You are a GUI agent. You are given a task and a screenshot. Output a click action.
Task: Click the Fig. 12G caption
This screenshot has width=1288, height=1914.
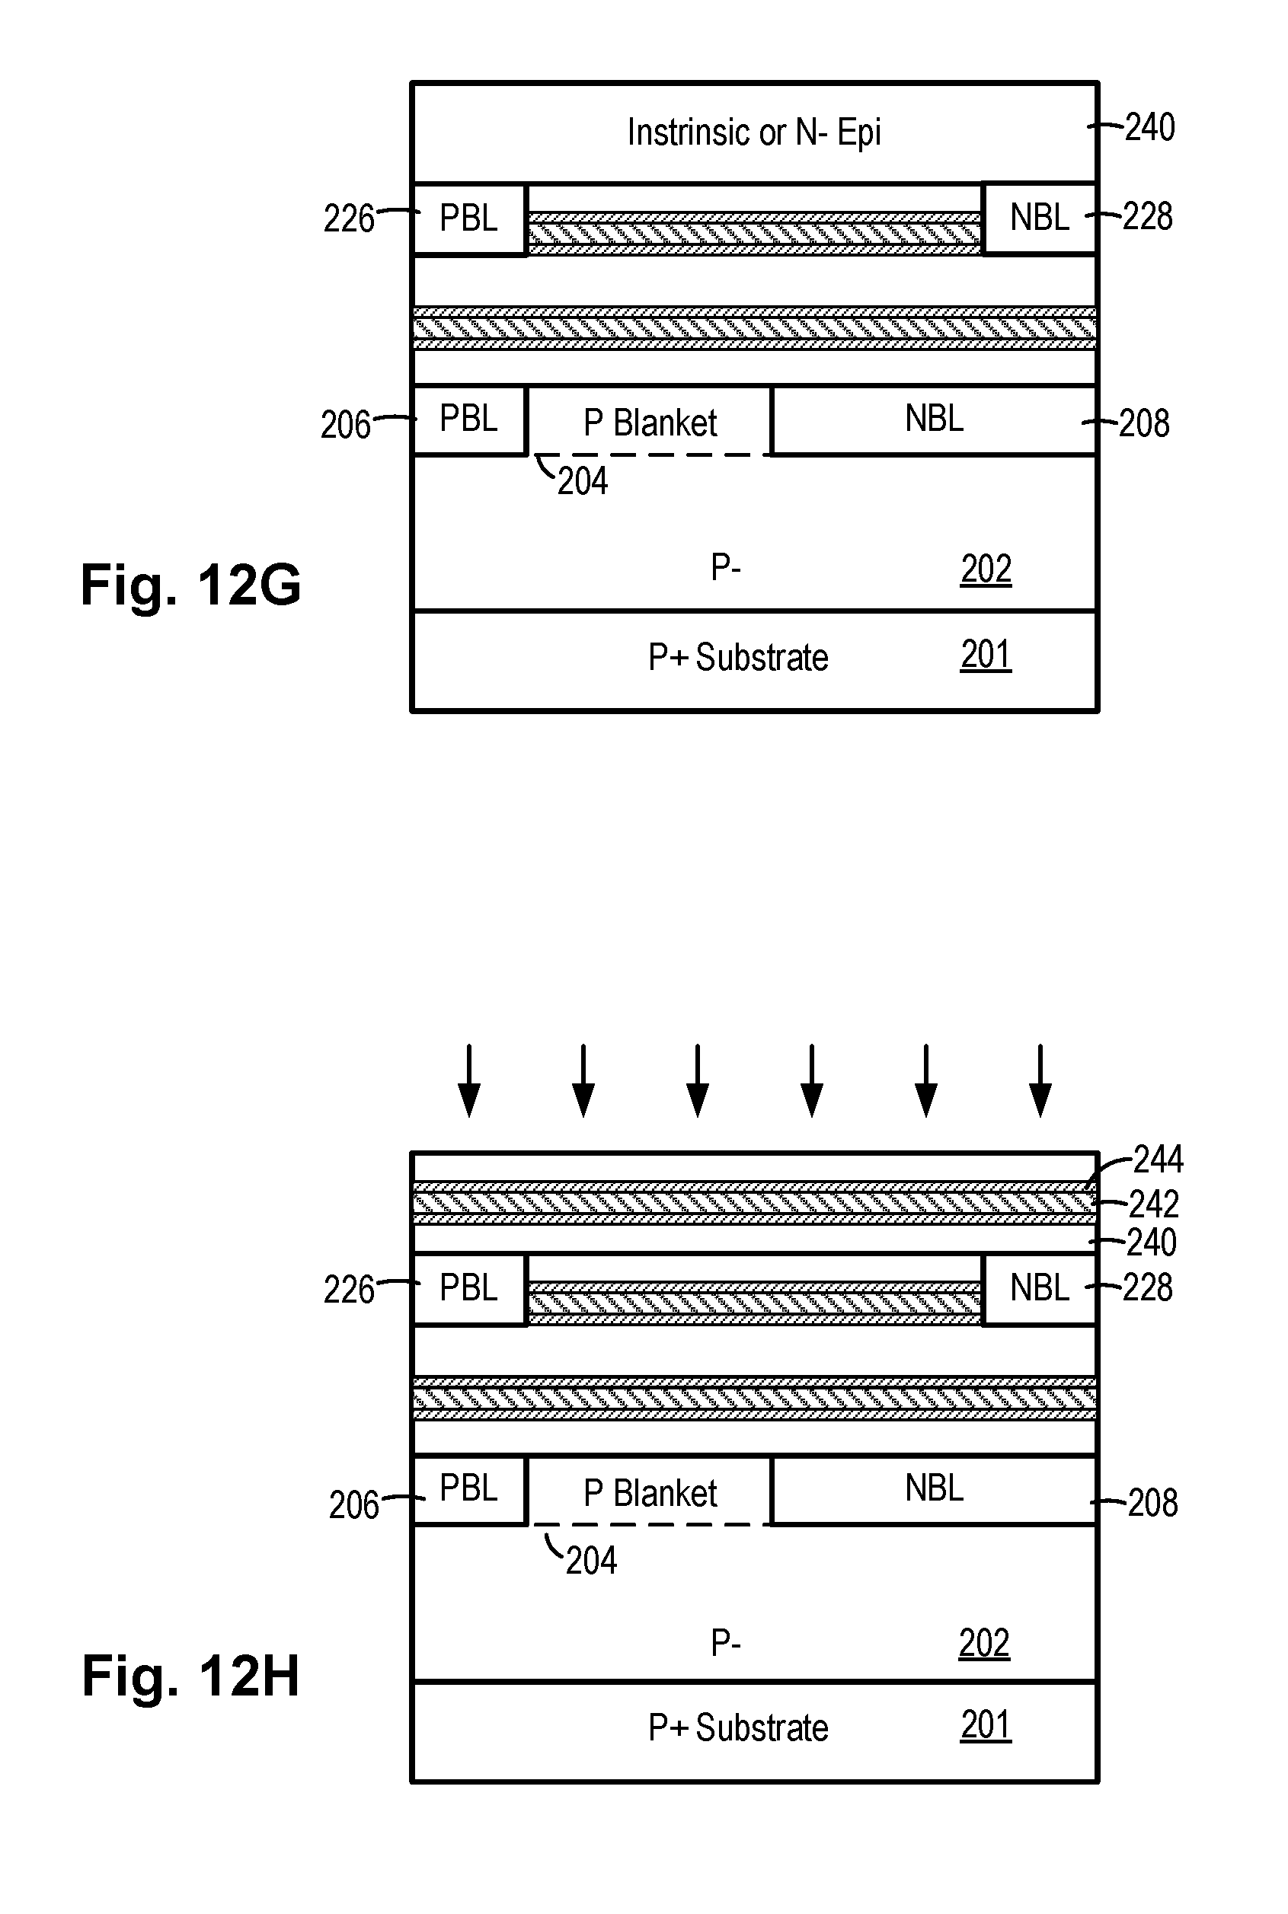tap(190, 585)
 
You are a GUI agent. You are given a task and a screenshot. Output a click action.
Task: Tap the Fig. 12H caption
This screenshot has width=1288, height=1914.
tap(190, 1676)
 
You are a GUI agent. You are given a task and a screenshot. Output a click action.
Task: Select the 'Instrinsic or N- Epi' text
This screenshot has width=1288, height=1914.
tap(754, 132)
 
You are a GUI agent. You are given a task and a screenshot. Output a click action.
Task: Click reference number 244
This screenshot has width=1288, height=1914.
tap(1159, 1160)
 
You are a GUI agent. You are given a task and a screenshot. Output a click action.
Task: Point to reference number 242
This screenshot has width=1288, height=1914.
tap(1154, 1204)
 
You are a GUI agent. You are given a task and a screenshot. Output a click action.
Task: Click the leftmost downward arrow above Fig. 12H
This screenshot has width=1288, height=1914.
tap(469, 1080)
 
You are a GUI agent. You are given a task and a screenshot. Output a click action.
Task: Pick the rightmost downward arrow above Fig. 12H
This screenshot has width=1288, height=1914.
tap(1040, 1080)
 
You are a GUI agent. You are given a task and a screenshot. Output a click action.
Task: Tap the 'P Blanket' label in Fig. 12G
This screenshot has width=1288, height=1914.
tap(650, 423)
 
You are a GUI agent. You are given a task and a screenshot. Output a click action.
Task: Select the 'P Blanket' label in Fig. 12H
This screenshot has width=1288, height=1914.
tap(650, 1493)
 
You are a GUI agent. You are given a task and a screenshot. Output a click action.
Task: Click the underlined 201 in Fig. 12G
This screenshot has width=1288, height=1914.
tap(986, 655)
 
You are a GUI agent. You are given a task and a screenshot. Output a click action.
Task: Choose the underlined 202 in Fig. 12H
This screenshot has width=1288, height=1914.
tap(984, 1643)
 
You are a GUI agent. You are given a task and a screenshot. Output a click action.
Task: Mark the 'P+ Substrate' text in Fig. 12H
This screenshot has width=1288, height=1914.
tap(737, 1727)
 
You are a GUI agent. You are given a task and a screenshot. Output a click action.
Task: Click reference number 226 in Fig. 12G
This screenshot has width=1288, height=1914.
tap(348, 219)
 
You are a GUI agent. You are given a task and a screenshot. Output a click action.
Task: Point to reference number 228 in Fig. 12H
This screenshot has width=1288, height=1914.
tap(1148, 1287)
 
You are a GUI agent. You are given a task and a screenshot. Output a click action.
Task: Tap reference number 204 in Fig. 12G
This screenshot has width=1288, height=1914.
tap(583, 481)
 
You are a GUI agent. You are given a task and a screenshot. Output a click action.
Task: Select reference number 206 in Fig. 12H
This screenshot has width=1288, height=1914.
tap(353, 1505)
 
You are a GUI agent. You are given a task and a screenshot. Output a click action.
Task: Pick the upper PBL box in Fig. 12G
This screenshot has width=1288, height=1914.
tap(469, 219)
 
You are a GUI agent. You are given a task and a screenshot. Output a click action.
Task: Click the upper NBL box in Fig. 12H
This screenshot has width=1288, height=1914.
tap(1039, 1288)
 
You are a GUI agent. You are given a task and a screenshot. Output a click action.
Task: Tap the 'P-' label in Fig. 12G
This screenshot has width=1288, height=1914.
tap(726, 566)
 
